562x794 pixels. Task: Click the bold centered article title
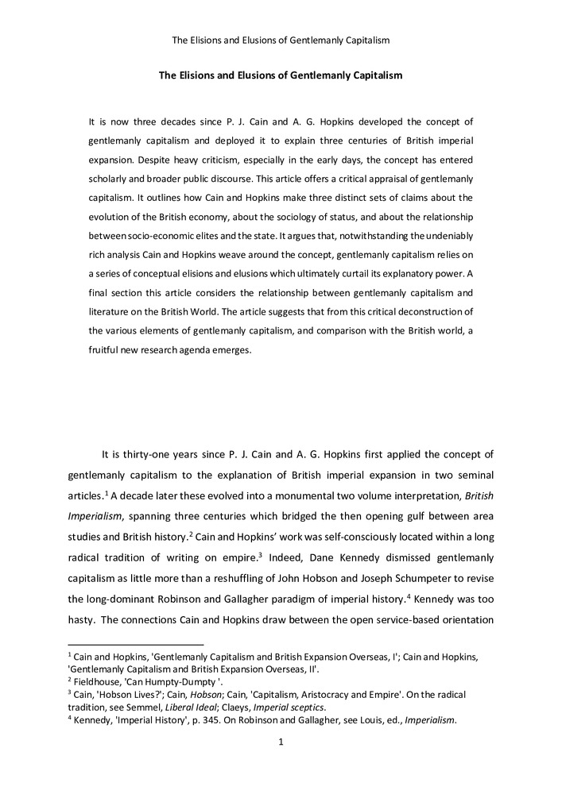pyautogui.click(x=281, y=75)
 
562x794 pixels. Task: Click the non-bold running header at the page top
pyautogui.click(x=281, y=40)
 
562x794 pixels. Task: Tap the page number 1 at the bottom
pyautogui.click(x=281, y=742)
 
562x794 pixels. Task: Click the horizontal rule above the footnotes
pyautogui.click(x=136, y=644)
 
